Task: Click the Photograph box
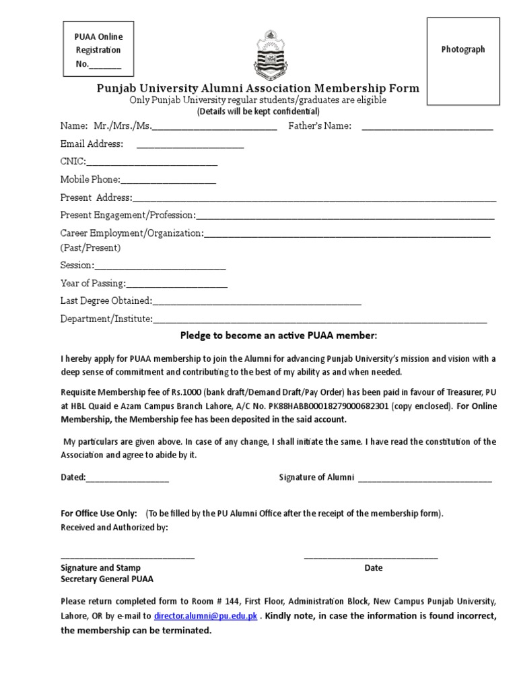click(x=463, y=61)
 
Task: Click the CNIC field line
click(x=151, y=163)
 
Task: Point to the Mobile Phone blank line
click(x=168, y=181)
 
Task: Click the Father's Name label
click(x=320, y=126)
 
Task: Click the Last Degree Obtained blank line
click(x=257, y=302)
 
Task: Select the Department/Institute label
click(x=106, y=319)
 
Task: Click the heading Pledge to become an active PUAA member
click(x=279, y=336)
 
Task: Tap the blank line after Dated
click(x=127, y=478)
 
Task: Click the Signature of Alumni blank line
click(x=425, y=478)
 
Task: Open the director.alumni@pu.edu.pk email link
click(x=206, y=617)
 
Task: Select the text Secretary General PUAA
click(x=107, y=579)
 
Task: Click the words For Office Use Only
click(x=99, y=513)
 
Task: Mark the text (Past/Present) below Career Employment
click(x=90, y=248)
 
